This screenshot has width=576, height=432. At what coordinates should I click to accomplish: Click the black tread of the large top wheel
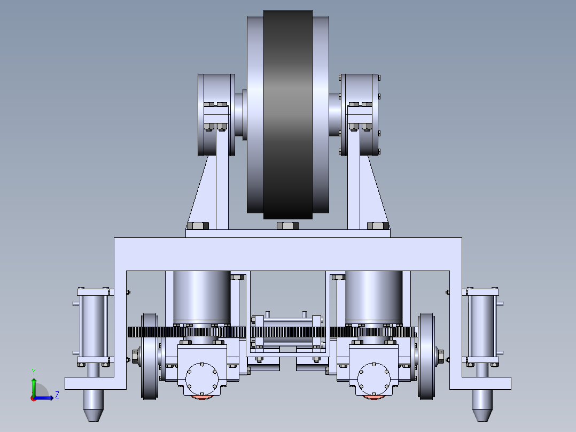point(288,115)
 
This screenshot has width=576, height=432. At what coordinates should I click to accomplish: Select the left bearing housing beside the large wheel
point(216,115)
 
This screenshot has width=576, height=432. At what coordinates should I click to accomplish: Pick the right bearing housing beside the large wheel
point(360,115)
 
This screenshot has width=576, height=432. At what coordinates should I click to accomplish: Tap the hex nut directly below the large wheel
point(288,226)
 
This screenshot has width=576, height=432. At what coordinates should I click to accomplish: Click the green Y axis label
point(34,372)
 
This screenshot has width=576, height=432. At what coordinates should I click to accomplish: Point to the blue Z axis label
point(57,395)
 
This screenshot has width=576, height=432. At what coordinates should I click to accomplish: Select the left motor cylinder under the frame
point(201,297)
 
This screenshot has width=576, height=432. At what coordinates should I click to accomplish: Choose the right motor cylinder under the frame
point(374,297)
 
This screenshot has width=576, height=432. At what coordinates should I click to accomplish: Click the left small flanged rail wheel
point(150,356)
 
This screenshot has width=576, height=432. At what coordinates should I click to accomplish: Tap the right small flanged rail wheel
point(426,356)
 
